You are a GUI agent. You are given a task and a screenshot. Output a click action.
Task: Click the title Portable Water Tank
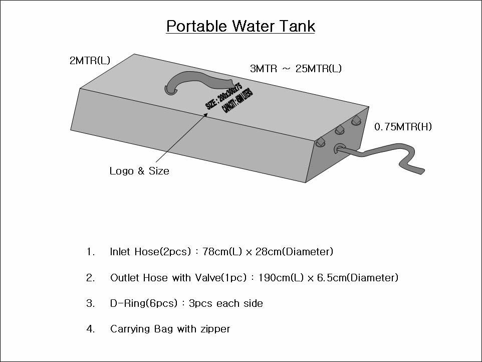tap(240, 26)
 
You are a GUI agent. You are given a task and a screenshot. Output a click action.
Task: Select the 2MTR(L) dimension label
tap(90, 61)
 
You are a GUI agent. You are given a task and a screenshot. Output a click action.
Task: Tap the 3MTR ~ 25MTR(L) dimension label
tap(296, 69)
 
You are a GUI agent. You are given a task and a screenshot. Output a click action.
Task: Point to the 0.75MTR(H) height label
tap(403, 127)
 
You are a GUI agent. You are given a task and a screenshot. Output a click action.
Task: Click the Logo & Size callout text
tap(139, 171)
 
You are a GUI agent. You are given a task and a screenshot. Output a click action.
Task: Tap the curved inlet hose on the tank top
tap(195, 80)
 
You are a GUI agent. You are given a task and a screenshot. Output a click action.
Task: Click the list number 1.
tap(90, 252)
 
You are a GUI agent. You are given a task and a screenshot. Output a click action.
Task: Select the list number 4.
tap(90, 329)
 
